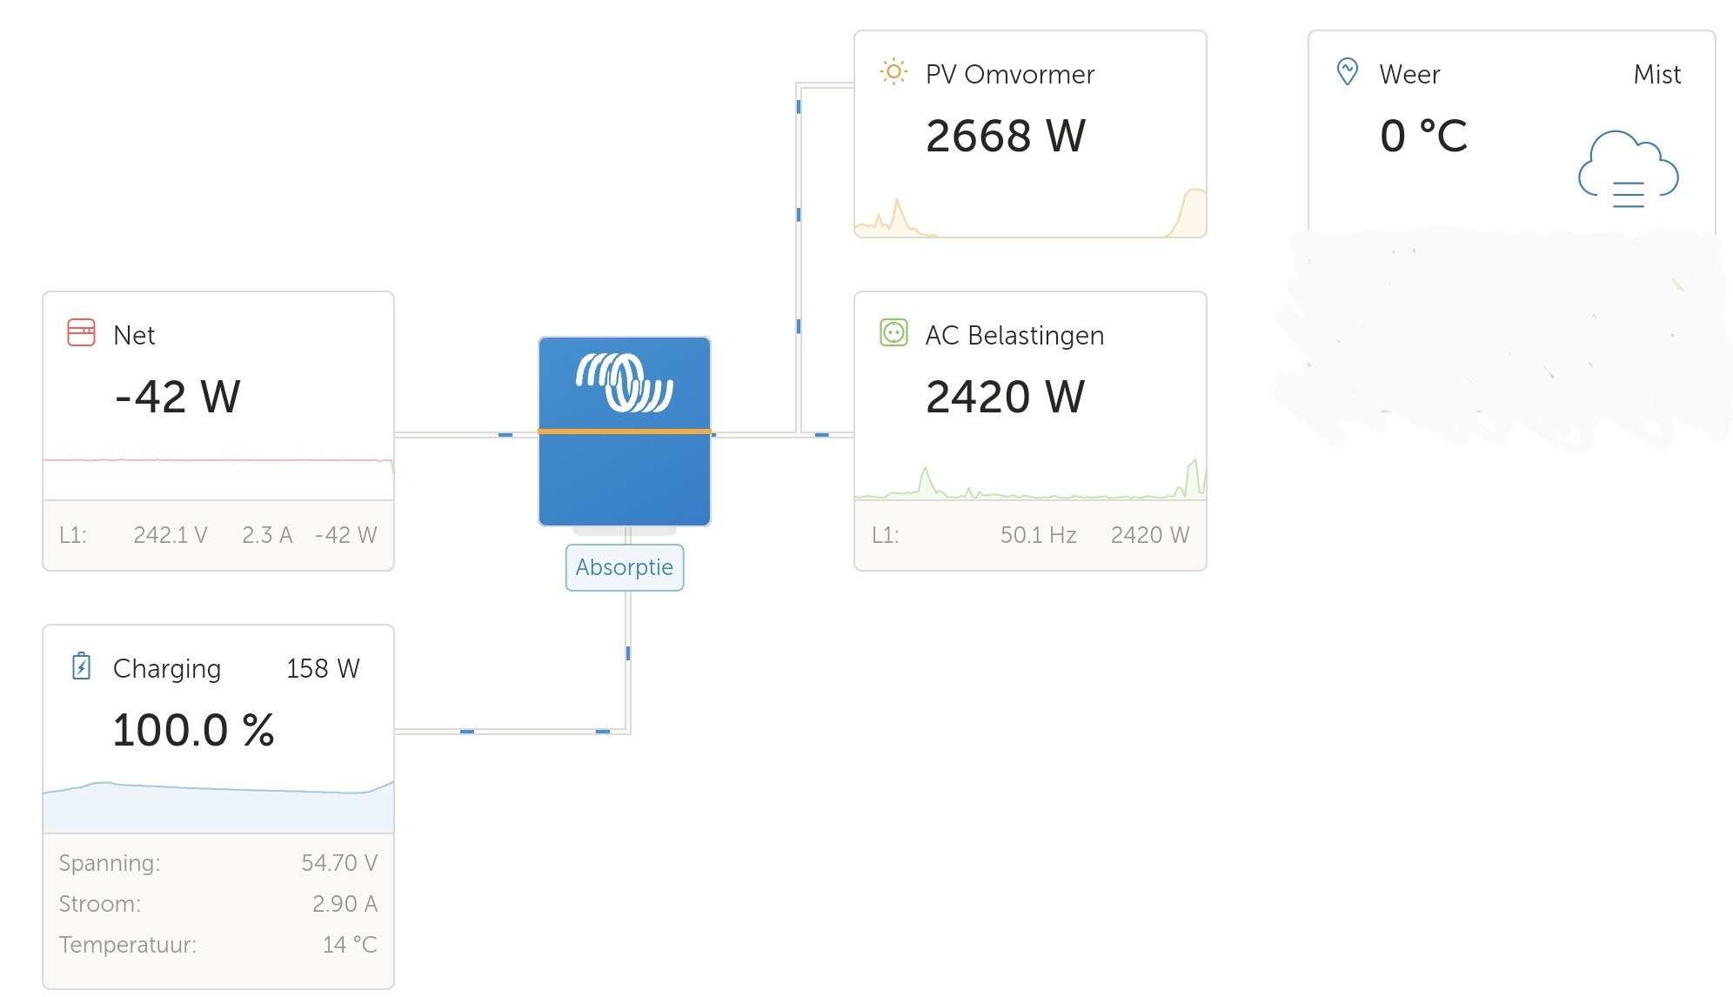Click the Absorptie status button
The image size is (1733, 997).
click(x=625, y=567)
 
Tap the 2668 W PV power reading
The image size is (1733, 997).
click(x=1006, y=136)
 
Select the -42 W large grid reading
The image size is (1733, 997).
click(x=177, y=397)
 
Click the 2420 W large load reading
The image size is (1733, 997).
click(x=1006, y=397)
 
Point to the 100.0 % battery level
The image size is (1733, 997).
click(x=193, y=730)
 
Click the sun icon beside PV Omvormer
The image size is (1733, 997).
click(x=893, y=71)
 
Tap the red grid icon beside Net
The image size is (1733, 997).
click(x=81, y=332)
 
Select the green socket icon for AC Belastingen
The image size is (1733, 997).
click(x=893, y=332)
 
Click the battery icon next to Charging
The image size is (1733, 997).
click(x=81, y=666)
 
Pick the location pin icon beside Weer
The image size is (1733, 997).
click(x=1348, y=71)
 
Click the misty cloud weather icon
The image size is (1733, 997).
click(x=1628, y=170)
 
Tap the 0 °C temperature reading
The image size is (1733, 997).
click(x=1423, y=136)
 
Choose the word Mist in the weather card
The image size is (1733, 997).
click(x=1657, y=74)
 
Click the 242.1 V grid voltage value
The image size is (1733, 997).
click(x=171, y=535)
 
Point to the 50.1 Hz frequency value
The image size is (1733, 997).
click(x=1038, y=535)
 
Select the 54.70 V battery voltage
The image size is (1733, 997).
click(x=339, y=863)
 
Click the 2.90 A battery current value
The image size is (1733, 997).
click(x=345, y=904)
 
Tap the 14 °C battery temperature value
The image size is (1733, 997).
click(x=350, y=945)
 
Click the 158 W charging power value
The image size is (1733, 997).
click(x=323, y=668)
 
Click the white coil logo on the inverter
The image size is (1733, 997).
click(x=625, y=382)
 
